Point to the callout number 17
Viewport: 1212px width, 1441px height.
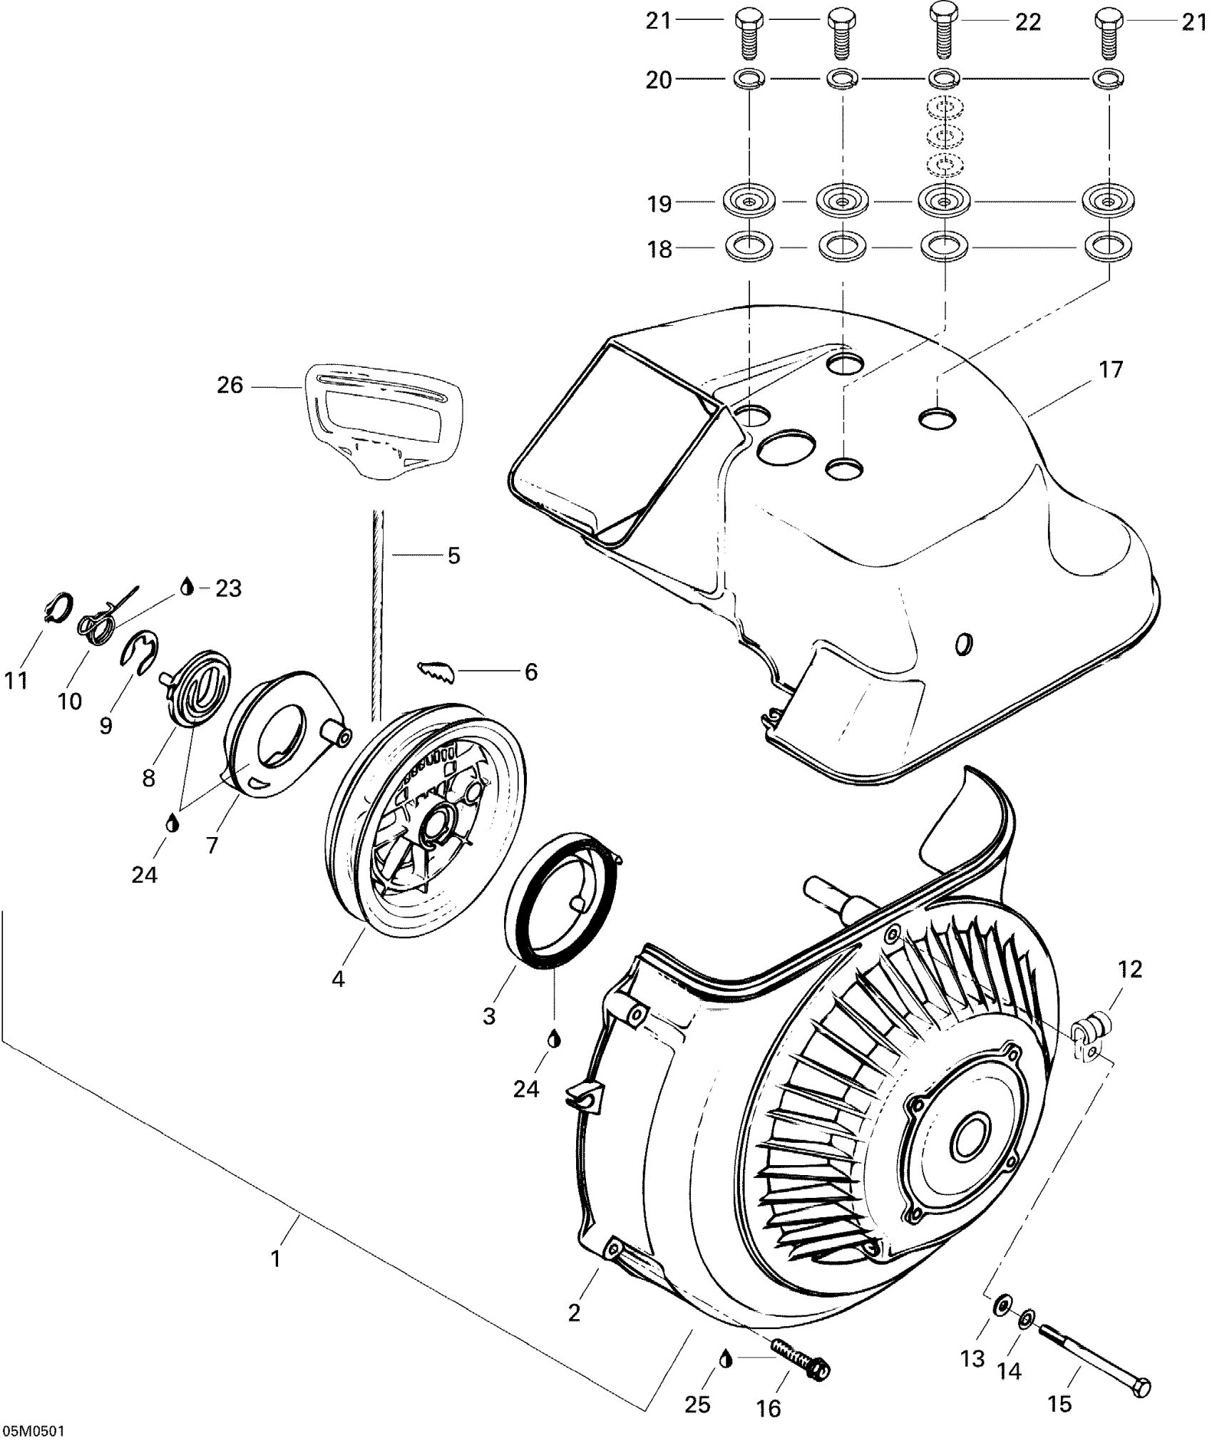pos(1111,369)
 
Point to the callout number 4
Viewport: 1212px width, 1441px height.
pos(338,979)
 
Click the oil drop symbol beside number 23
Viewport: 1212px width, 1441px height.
pos(188,587)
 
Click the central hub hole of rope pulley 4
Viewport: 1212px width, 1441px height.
pos(433,824)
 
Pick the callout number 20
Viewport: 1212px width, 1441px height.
pos(659,80)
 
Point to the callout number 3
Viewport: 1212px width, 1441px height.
pos(488,1016)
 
